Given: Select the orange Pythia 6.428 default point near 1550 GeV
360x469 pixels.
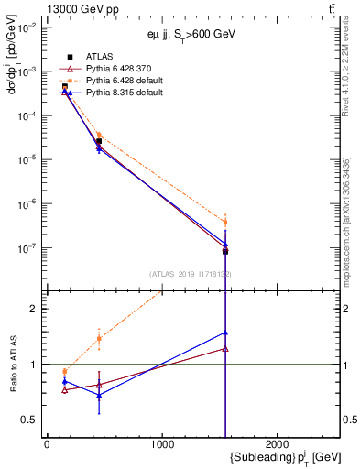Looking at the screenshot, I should [225, 223].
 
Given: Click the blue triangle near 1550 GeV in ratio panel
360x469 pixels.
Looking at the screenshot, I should [225, 333].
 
